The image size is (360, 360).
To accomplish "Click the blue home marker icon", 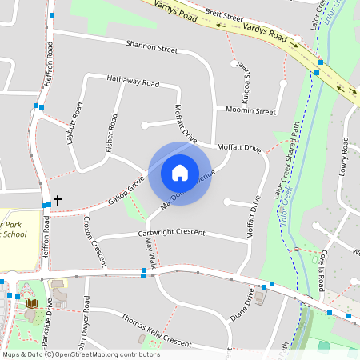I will point(180,173).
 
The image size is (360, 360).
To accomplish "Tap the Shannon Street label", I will point(151,47).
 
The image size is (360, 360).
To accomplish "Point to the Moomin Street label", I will point(250,110).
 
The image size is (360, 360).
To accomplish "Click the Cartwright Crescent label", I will point(171,234).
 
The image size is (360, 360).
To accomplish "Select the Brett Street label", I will point(223,15).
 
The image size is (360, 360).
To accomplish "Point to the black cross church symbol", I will point(58,199).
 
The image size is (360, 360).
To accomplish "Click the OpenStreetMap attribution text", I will point(81,354).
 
